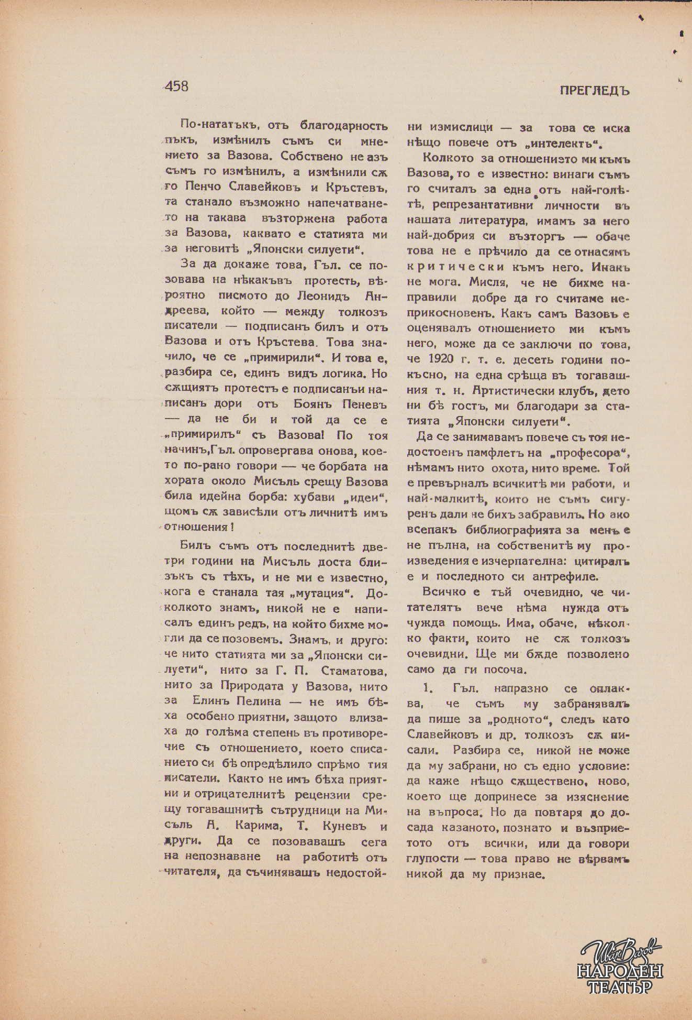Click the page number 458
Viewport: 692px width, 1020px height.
tap(176, 86)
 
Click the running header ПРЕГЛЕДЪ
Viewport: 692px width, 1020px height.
tap(595, 91)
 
